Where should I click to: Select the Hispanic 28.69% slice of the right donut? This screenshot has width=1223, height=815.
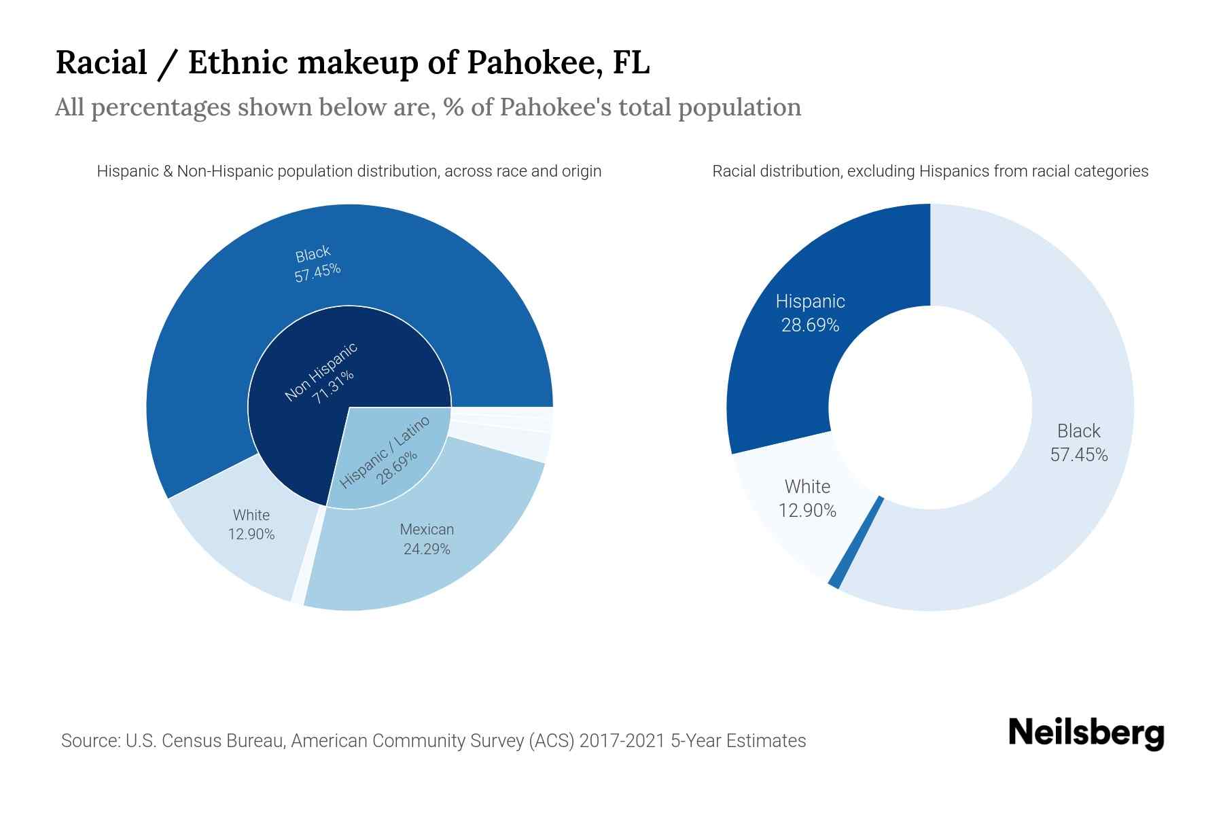click(810, 313)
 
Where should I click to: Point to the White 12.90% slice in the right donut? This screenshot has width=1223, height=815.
click(807, 499)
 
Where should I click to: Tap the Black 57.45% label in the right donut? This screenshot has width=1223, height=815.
click(1078, 442)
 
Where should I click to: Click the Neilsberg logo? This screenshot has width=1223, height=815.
click(1086, 733)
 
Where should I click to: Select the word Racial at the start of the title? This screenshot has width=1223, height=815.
click(101, 62)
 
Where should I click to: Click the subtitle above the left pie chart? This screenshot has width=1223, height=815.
click(349, 171)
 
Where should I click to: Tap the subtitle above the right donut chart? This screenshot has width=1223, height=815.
click(929, 171)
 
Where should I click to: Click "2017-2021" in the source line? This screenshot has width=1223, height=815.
click(626, 740)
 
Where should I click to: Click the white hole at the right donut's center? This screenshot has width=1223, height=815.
click(929, 407)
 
